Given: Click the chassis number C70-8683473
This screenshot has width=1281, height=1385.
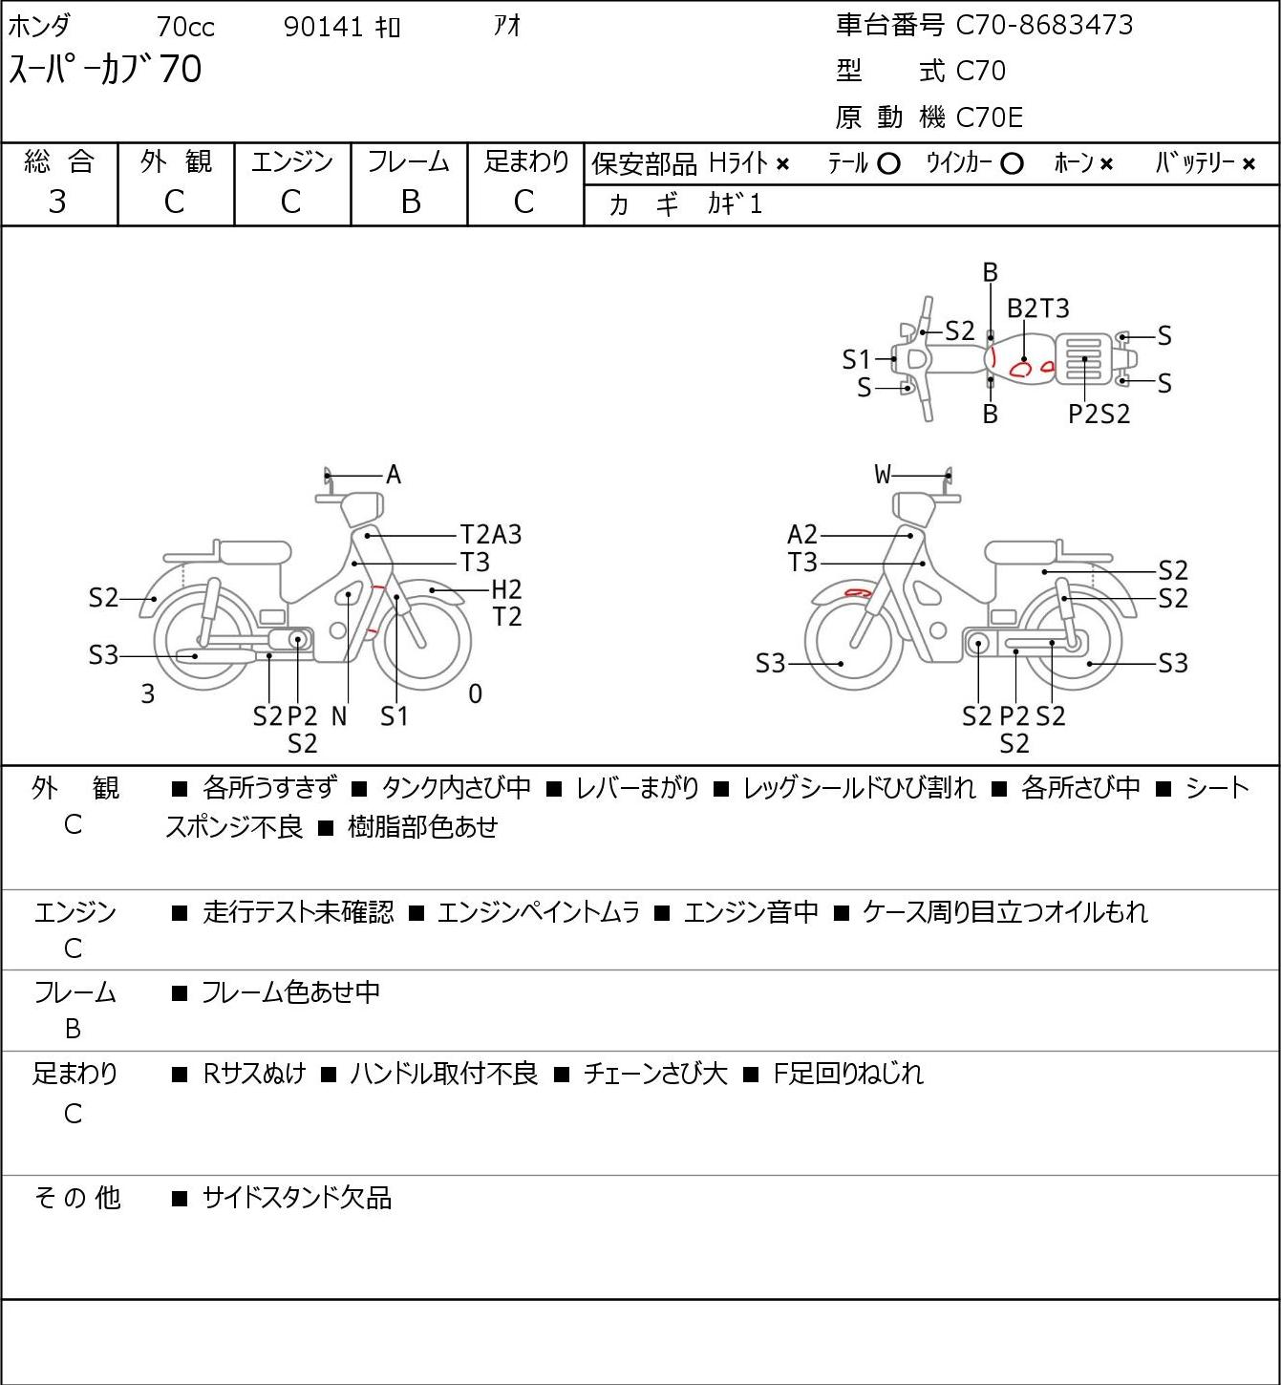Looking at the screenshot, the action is (x=1044, y=25).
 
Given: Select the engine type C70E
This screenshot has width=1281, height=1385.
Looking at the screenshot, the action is (x=990, y=117).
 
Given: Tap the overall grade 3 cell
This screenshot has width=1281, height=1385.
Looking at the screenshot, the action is (x=57, y=202).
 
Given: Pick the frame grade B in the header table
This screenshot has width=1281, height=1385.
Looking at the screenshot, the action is (x=410, y=202).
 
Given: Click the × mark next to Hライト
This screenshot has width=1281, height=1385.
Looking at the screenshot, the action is (x=783, y=164).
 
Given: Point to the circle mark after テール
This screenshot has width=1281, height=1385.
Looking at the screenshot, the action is (x=888, y=164).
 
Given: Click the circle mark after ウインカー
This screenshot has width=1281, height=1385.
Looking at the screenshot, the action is (x=1012, y=164).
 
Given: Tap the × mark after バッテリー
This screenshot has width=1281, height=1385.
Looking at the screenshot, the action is (x=1249, y=164).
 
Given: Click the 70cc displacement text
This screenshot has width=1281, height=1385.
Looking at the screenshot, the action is (x=185, y=27).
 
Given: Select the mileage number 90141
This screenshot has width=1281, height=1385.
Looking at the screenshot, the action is (x=323, y=27).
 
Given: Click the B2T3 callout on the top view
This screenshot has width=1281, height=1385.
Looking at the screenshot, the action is (x=1038, y=309).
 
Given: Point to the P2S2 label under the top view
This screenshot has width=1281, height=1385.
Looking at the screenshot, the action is (x=1099, y=415).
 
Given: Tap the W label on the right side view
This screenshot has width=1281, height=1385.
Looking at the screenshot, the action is (x=883, y=475).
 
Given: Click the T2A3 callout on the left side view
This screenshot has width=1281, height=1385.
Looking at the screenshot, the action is (x=490, y=535).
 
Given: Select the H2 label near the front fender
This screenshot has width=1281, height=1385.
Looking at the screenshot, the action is (x=506, y=590).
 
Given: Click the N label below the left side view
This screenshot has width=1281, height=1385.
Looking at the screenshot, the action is (x=339, y=716).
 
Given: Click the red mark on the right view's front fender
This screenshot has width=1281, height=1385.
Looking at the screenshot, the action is (x=858, y=593).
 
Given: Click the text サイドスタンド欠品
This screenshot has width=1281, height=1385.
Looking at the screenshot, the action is (x=297, y=1198).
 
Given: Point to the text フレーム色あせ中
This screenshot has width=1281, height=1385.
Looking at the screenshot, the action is (x=291, y=992).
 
